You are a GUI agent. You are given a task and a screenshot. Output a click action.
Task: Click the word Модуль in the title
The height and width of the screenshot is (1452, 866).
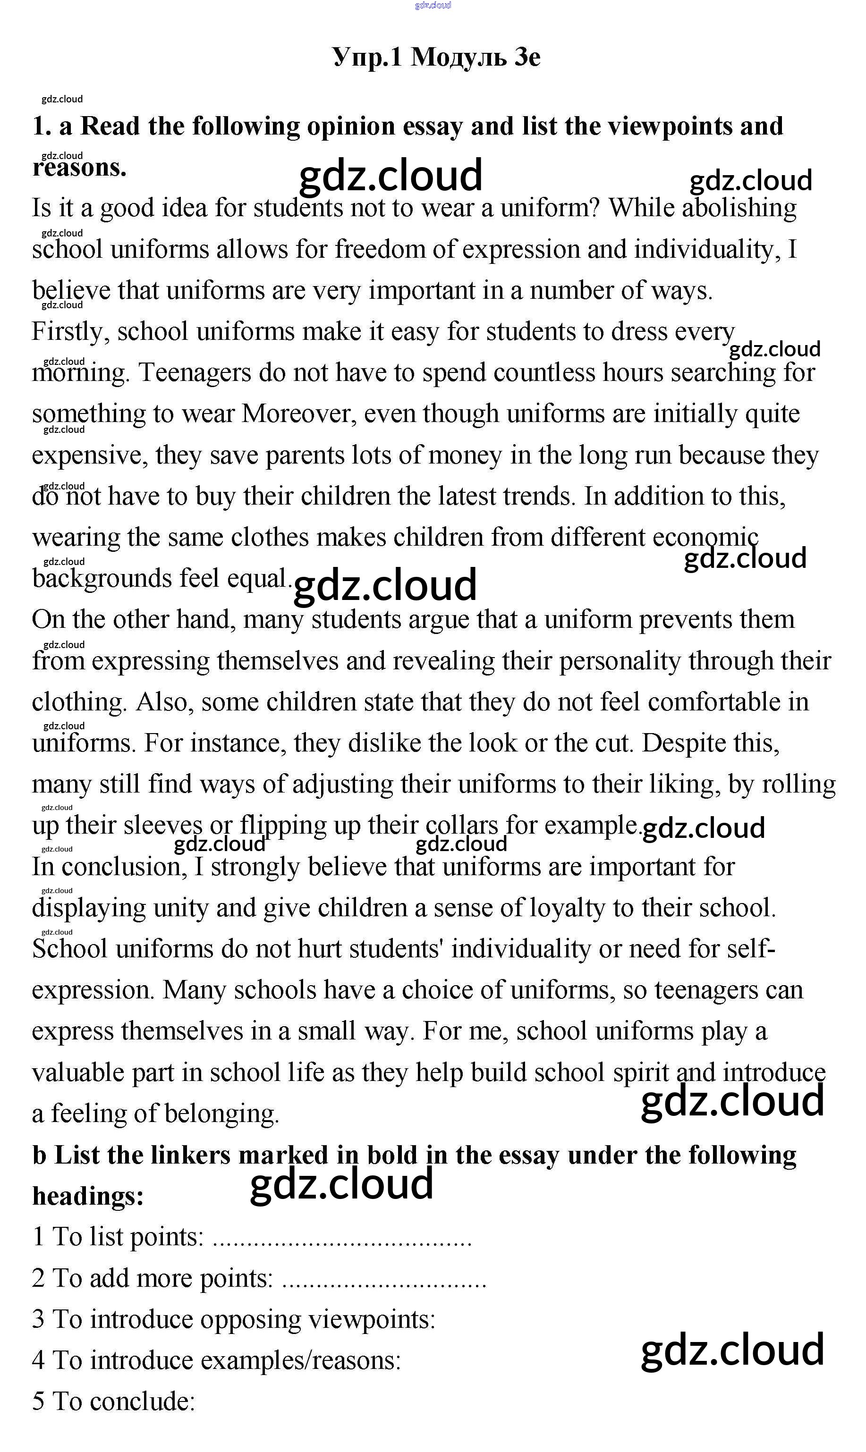[x=458, y=57]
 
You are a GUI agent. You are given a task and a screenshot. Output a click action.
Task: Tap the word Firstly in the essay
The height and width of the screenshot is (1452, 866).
[x=69, y=332]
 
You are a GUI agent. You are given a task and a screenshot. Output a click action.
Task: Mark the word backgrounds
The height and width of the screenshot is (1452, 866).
[x=101, y=579]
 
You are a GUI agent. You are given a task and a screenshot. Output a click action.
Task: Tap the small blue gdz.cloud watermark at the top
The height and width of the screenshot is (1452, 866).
[x=433, y=5]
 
